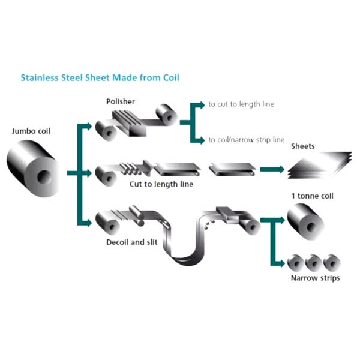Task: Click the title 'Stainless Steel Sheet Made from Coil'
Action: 100,77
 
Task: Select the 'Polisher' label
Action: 120,101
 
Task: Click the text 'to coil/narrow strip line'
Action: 246,140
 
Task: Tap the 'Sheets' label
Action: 302,146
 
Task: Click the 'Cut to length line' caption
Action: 161,184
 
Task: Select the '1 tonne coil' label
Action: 311,196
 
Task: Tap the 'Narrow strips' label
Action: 315,278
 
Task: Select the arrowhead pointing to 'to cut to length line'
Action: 202,104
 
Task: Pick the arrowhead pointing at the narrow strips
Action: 281,263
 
